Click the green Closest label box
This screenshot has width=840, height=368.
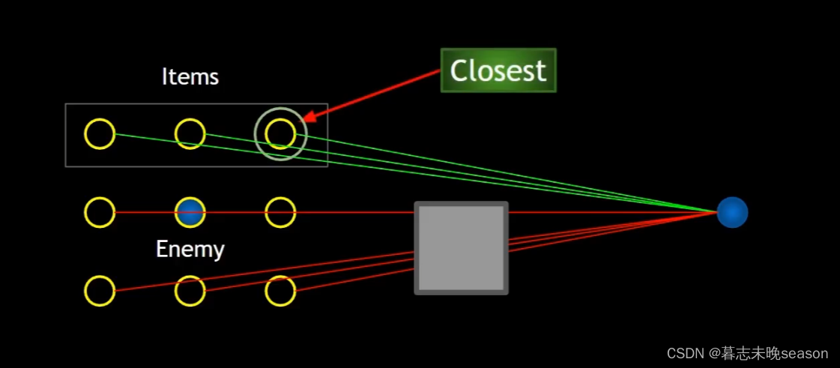pos(498,70)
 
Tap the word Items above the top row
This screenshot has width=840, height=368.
pos(190,76)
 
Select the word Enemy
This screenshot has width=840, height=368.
pos(190,249)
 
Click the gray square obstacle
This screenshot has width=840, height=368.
pos(461,248)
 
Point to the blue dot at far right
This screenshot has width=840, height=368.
pos(732,213)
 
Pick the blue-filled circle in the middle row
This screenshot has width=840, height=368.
pos(190,213)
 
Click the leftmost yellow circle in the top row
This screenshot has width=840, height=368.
pos(100,134)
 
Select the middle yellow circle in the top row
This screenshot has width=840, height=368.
pos(190,134)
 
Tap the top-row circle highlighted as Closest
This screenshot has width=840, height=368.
pos(281,134)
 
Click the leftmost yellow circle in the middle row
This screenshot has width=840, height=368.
pos(100,213)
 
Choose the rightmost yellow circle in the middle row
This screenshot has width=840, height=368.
pos(281,213)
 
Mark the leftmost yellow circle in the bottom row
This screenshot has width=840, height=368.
pos(100,291)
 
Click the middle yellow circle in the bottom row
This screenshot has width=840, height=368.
pos(190,291)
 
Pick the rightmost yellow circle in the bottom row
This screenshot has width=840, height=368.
pos(281,291)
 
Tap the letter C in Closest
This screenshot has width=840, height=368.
pos(459,71)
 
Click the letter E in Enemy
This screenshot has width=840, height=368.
pos(162,249)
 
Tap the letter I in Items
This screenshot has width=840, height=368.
pos(165,76)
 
